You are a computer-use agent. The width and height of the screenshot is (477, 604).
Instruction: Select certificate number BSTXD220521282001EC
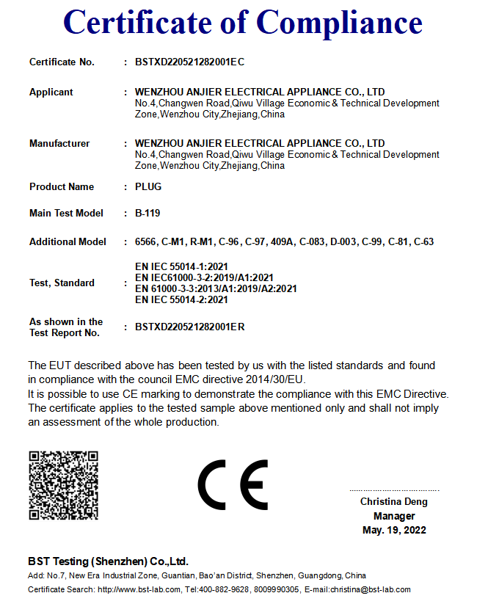pyautogui.click(x=189, y=62)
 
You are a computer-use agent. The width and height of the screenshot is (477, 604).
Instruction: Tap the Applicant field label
pyautogui.click(x=51, y=92)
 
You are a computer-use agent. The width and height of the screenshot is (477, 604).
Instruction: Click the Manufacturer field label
pyautogui.click(x=59, y=144)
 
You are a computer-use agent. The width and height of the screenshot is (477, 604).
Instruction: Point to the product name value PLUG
pyautogui.click(x=148, y=187)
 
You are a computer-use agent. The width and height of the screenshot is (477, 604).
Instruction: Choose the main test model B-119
pyautogui.click(x=148, y=214)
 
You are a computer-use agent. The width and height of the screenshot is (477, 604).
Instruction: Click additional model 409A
pyautogui.click(x=282, y=242)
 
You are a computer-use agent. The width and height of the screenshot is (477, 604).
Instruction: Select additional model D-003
pyautogui.click(x=344, y=242)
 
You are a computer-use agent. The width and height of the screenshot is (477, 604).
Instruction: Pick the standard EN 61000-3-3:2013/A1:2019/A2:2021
pyautogui.click(x=216, y=289)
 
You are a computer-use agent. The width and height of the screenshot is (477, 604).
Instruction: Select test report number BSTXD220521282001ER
pyautogui.click(x=189, y=327)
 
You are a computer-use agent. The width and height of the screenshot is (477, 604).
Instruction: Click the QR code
pyautogui.click(x=63, y=486)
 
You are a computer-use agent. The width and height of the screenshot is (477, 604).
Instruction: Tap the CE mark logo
pyautogui.click(x=233, y=485)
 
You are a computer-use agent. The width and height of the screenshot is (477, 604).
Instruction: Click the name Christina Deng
pyautogui.click(x=393, y=502)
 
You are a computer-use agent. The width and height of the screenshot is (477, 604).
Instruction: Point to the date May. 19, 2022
pyautogui.click(x=394, y=530)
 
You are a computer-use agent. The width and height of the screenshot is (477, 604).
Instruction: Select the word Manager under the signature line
pyautogui.click(x=394, y=516)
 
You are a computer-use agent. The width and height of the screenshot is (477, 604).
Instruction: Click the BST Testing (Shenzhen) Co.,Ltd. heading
pyautogui.click(x=108, y=561)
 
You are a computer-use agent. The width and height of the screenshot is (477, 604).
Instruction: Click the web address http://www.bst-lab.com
pyautogui.click(x=139, y=589)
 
